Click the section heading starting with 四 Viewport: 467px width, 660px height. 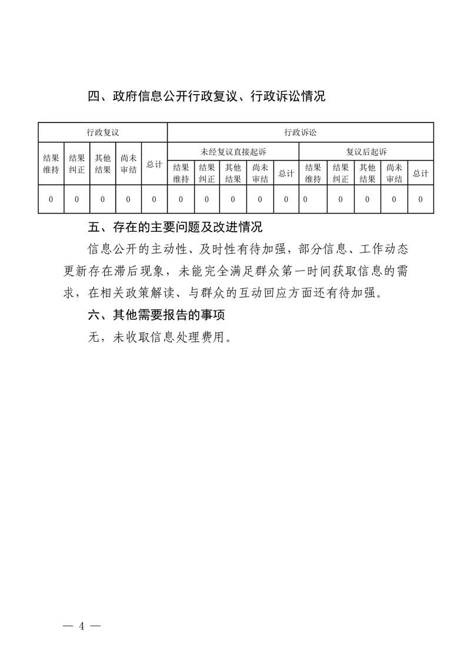point(206,96)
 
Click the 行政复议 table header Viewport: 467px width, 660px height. point(103,132)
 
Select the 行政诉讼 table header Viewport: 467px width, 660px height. point(301,132)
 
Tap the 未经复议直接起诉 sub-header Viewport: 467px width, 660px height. point(233,152)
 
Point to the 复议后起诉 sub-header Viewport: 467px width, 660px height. point(366,152)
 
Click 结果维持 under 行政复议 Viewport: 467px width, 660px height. point(51,164)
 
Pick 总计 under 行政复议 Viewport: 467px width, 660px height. point(154,165)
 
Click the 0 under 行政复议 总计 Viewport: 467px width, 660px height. point(154,199)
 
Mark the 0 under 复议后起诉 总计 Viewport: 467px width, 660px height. point(421,199)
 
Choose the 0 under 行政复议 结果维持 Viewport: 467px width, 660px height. point(51,199)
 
